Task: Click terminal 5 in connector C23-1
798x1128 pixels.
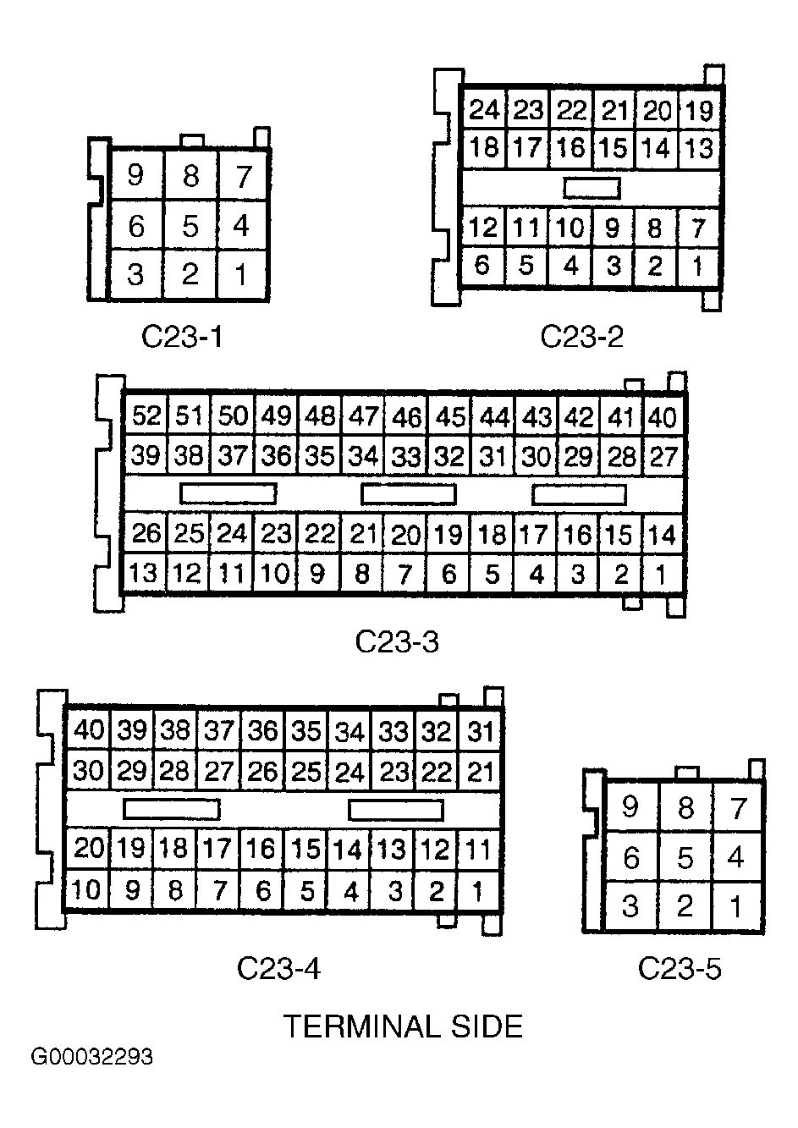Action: [x=190, y=226]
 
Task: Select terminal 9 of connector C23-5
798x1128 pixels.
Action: [x=630, y=806]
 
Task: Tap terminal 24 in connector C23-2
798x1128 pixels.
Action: [x=485, y=110]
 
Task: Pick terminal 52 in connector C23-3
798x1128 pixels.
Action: [x=146, y=416]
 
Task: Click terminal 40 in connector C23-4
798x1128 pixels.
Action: [x=88, y=730]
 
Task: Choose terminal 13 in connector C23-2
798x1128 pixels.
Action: [x=699, y=148]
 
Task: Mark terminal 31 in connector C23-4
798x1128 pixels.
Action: [x=480, y=730]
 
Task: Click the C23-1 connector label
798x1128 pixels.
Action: [x=181, y=336]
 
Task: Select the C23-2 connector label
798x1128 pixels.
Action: [x=581, y=336]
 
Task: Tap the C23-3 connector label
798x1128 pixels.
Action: [x=397, y=642]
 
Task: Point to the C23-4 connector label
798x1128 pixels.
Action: [x=278, y=968]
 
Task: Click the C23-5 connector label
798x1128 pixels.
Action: [x=680, y=968]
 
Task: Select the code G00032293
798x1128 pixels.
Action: [x=92, y=1058]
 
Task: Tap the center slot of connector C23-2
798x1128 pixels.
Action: [x=592, y=188]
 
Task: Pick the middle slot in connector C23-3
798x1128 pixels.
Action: [x=408, y=494]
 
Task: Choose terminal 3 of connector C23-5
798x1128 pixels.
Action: [x=630, y=906]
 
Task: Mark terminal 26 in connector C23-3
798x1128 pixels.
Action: [x=146, y=534]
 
